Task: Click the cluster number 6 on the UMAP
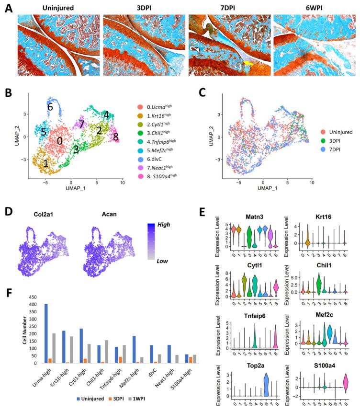tap(50, 107)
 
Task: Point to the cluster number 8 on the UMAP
tap(115, 137)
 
